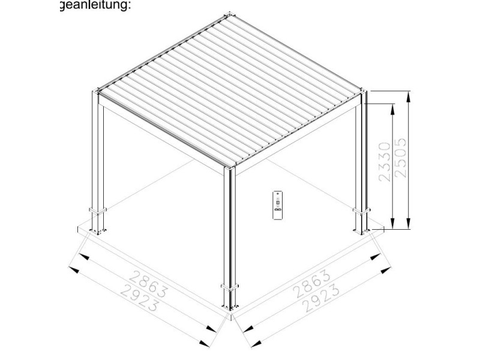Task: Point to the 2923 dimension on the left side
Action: click(x=139, y=297)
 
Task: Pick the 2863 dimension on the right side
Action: click(x=312, y=284)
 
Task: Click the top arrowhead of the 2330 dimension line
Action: click(x=392, y=109)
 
